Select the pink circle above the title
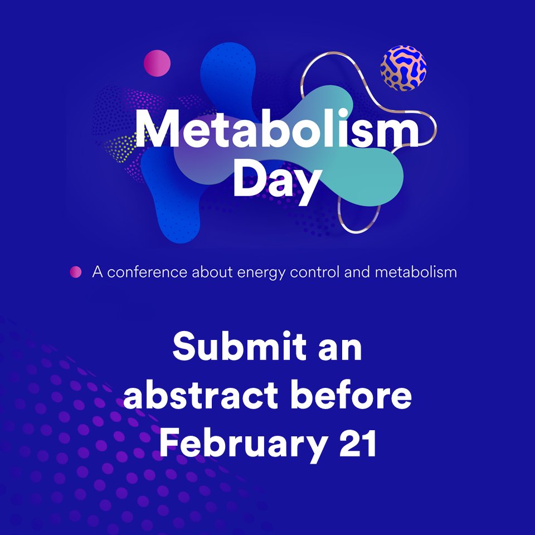pos(157,63)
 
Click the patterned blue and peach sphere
pos(403,69)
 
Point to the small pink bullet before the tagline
pos(75,273)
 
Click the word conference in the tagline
pos(148,273)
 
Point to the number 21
pos(356,443)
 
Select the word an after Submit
pos(341,349)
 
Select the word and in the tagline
pos(363,273)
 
